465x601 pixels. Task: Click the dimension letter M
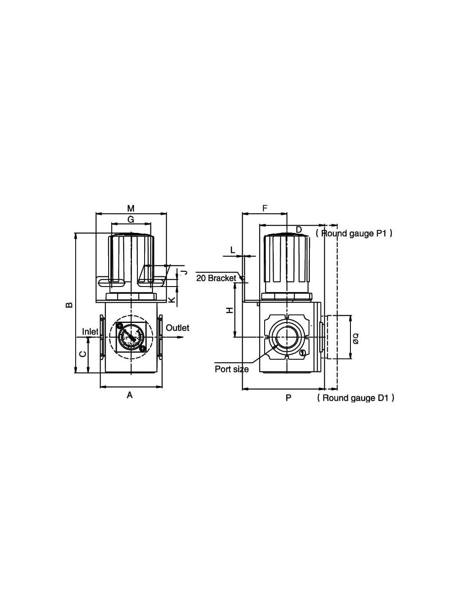click(131, 208)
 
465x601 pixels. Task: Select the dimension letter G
click(131, 219)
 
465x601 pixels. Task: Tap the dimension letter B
click(69, 304)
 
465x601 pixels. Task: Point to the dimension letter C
click(83, 354)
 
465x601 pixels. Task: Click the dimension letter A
click(129, 395)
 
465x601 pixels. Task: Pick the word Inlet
click(90, 331)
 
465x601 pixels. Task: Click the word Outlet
click(177, 328)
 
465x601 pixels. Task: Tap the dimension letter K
click(172, 300)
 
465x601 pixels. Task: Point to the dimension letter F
click(265, 208)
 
